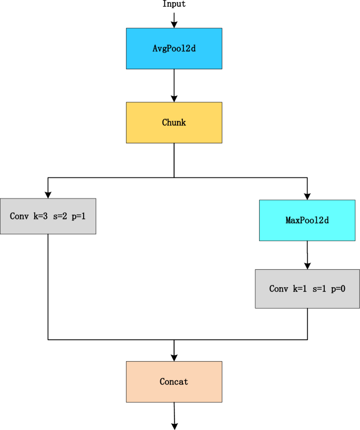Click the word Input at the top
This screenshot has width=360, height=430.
click(x=174, y=4)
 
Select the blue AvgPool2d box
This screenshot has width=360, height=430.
click(x=174, y=48)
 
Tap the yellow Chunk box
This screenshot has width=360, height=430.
click(x=174, y=122)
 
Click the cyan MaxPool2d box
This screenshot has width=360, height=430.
click(x=307, y=221)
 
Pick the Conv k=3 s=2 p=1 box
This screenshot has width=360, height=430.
click(x=48, y=216)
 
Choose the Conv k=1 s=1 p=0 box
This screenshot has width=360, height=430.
click(x=307, y=289)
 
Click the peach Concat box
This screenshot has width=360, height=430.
click(x=174, y=382)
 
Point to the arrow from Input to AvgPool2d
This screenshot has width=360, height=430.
click(x=174, y=20)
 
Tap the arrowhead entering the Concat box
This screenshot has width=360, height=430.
click(x=174, y=357)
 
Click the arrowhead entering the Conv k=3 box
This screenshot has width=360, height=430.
click(x=48, y=194)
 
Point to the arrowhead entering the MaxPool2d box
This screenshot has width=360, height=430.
click(x=307, y=195)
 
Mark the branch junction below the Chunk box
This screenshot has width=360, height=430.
click(x=174, y=178)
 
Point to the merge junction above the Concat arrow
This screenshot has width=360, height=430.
click(x=174, y=340)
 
